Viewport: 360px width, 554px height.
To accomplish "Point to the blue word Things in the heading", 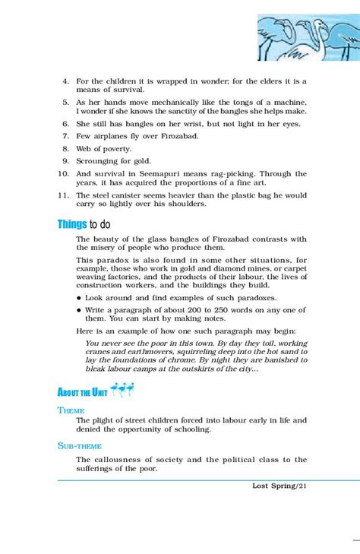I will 71,224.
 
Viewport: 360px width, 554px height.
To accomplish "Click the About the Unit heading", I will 82,392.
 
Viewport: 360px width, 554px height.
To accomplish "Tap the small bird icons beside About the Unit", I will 121,391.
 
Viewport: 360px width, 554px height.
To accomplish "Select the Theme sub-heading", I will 71,410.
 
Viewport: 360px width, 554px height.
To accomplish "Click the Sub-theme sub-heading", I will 79,446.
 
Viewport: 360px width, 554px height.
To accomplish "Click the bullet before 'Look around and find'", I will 79,298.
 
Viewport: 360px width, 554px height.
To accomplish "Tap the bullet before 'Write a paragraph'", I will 79,310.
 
